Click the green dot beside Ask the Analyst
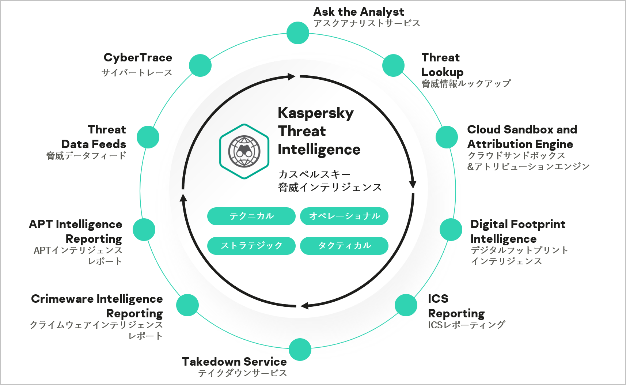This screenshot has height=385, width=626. [x=298, y=33]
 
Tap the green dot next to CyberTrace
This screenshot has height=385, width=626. [x=200, y=65]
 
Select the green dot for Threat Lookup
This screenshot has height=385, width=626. [x=393, y=65]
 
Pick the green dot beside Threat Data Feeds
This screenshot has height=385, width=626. [x=148, y=137]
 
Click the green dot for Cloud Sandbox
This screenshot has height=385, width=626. [x=447, y=137]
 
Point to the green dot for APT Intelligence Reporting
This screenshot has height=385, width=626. [x=144, y=230]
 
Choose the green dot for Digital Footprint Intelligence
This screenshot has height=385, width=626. [x=451, y=230]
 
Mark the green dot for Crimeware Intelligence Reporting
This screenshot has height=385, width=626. [x=187, y=305]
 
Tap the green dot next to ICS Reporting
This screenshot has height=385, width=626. [x=406, y=305]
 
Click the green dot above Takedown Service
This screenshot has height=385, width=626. [x=300, y=350]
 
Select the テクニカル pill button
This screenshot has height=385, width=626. [x=251, y=216]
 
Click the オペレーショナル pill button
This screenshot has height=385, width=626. [x=344, y=216]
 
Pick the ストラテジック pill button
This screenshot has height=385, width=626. [x=251, y=246]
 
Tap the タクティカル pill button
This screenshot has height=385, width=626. [x=344, y=246]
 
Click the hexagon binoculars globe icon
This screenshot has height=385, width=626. [x=244, y=151]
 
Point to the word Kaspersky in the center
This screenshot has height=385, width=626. [x=315, y=113]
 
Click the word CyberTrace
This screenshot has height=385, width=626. [x=138, y=58]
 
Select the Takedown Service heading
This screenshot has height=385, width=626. [x=234, y=362]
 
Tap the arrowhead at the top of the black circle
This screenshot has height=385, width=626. [x=292, y=76]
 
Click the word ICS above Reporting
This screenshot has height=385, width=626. [x=438, y=299]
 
